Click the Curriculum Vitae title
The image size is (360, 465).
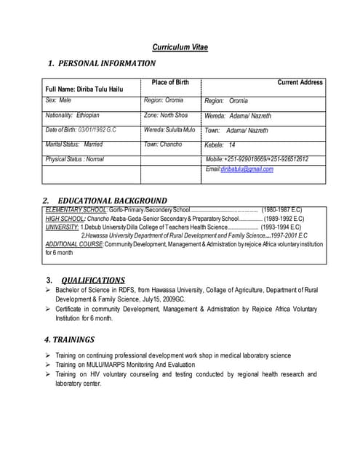click(x=180, y=47)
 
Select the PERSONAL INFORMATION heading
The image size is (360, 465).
click(x=102, y=64)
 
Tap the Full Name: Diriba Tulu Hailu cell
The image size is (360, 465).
click(x=84, y=89)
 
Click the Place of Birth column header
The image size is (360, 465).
click(x=171, y=82)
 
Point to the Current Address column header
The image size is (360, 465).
click(x=300, y=83)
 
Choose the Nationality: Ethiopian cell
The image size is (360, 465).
click(x=72, y=116)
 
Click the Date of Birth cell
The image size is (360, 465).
click(x=80, y=130)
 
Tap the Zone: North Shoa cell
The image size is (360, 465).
click(x=165, y=116)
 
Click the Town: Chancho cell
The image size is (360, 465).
click(x=163, y=145)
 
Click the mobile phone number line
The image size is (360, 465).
click(x=257, y=159)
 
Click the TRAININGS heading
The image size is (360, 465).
click(x=69, y=339)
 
